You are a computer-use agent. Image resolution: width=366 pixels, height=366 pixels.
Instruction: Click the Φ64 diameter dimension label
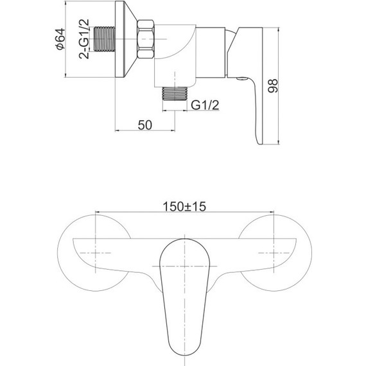[x=60, y=39]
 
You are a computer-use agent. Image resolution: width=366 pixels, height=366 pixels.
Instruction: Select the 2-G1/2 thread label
[x=84, y=39]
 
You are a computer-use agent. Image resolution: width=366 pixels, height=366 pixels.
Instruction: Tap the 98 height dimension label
[x=272, y=86]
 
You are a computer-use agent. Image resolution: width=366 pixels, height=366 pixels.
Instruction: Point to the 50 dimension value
[x=145, y=125]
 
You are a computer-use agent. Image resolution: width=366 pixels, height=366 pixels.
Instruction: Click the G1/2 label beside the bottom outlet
[x=205, y=105]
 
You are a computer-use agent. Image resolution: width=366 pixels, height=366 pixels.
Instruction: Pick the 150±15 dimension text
[x=184, y=206]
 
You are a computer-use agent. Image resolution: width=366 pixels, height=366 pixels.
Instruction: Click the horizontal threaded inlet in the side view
[x=104, y=39]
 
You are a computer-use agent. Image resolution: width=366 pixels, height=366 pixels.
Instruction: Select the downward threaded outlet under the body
[x=175, y=94]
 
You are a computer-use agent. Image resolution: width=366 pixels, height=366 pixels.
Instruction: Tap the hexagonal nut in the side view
[x=146, y=39]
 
